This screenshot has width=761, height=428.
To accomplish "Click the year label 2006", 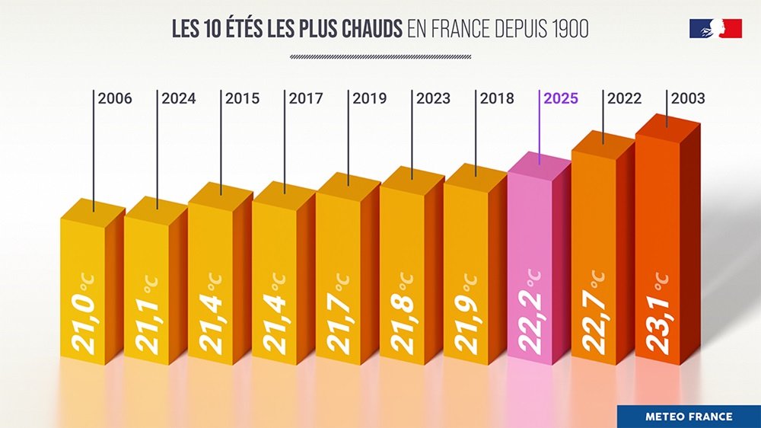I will coord(115,98).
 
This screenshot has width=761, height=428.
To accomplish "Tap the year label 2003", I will coord(688,98).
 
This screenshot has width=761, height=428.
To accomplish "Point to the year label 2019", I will coord(370,98).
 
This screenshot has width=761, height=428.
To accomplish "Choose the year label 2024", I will coord(179,98).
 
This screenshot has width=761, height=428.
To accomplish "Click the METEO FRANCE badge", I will coord(689,417).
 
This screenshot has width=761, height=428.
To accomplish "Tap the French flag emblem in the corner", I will coord(715,28).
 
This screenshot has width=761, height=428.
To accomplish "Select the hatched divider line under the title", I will coord(380,56).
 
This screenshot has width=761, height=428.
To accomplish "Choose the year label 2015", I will coord(243,98).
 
